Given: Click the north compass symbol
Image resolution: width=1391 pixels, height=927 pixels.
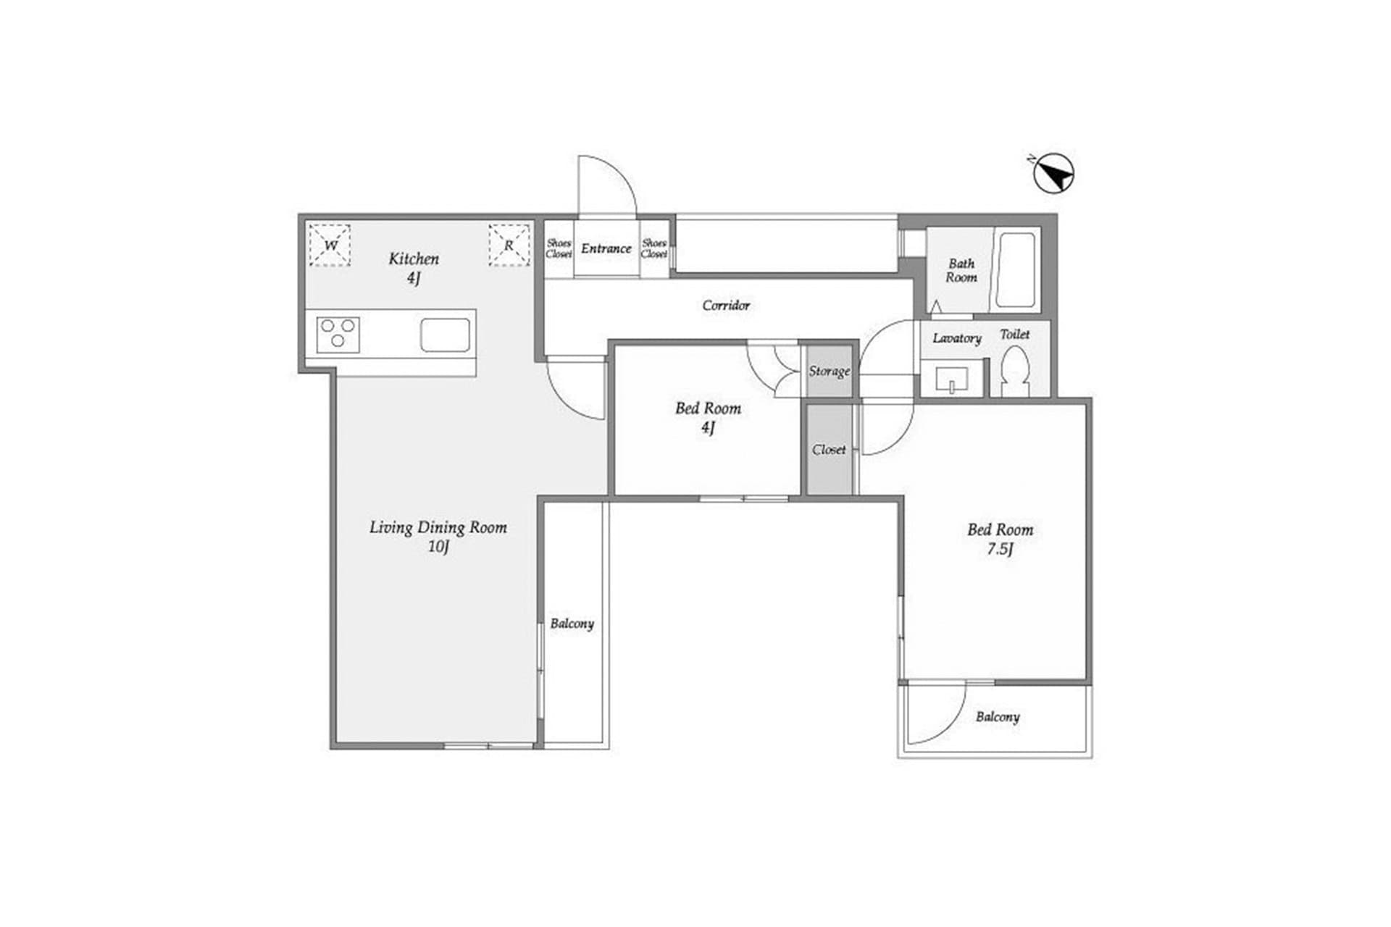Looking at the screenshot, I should pyautogui.click(x=1053, y=175).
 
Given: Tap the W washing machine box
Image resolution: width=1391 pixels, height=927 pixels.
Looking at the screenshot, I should pyautogui.click(x=330, y=246).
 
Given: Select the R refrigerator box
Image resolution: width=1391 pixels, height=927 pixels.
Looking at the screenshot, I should pyautogui.click(x=509, y=246).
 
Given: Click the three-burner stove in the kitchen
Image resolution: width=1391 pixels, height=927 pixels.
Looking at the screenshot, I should pyautogui.click(x=338, y=335).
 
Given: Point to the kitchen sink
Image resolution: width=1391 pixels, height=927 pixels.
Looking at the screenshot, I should pyautogui.click(x=445, y=335).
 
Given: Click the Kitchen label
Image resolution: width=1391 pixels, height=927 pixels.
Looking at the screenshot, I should pyautogui.click(x=414, y=259).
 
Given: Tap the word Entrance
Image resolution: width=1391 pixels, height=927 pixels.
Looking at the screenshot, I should pyautogui.click(x=606, y=248).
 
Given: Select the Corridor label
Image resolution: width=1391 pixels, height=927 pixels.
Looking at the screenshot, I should pyautogui.click(x=726, y=306).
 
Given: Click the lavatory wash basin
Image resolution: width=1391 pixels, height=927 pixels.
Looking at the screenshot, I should pyautogui.click(x=951, y=379).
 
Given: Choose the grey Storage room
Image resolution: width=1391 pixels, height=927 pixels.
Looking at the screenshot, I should pyautogui.click(x=830, y=371).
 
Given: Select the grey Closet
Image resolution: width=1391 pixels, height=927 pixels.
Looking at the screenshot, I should pyautogui.click(x=830, y=450).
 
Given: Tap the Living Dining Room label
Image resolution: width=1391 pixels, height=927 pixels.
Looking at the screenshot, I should pyautogui.click(x=438, y=528).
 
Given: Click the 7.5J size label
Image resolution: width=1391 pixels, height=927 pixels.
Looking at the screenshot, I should pyautogui.click(x=1000, y=549).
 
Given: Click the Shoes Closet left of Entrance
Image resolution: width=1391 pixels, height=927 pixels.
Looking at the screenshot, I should pyautogui.click(x=559, y=249).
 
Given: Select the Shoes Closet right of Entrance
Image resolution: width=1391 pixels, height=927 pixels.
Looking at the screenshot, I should pyautogui.click(x=654, y=249).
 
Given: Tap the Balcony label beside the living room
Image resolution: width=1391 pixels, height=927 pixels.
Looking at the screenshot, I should pyautogui.click(x=572, y=624).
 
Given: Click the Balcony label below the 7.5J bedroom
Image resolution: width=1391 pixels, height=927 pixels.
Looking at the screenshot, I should pyautogui.click(x=997, y=717).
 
